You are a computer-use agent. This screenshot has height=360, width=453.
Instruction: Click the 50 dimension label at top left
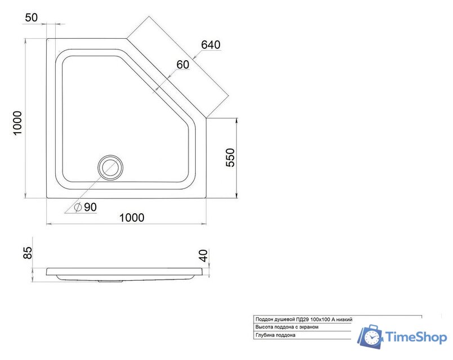(x=32, y=17)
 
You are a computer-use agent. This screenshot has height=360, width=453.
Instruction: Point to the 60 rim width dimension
(x=182, y=65)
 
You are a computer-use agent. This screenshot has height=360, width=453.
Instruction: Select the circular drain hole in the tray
(x=110, y=167)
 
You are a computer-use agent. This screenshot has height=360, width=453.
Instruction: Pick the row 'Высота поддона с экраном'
(x=287, y=327)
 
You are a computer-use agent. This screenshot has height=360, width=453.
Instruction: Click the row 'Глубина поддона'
(x=275, y=335)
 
